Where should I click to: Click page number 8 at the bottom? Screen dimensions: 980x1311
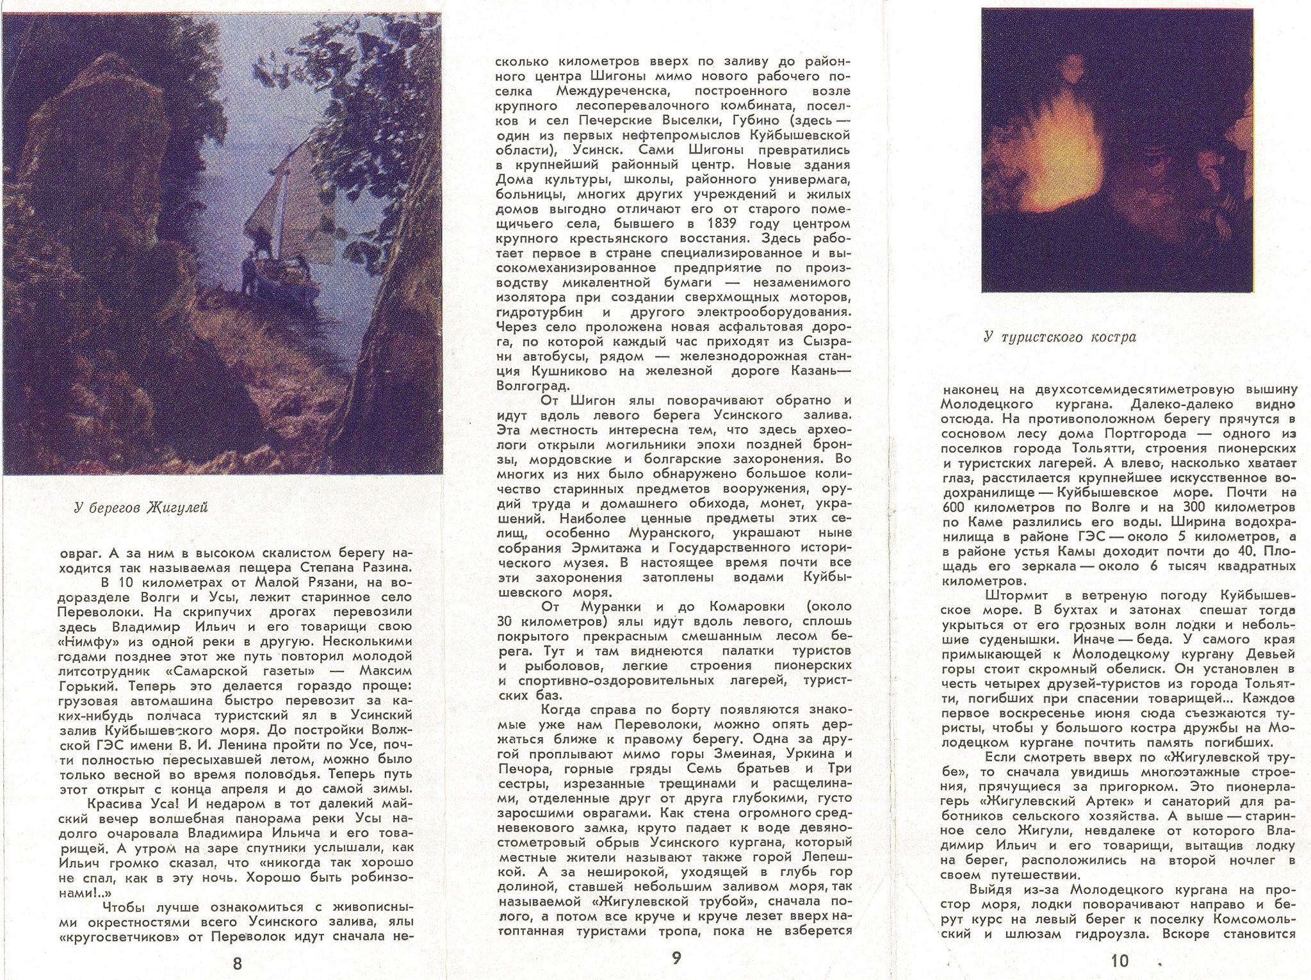237,964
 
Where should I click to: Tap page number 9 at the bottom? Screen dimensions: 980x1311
677,958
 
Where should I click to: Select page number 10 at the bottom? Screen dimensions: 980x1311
1120,961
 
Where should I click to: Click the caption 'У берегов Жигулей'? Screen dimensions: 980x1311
141,509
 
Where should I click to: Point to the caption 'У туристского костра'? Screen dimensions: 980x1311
1060,338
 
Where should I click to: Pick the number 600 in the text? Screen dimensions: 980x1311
952,508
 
